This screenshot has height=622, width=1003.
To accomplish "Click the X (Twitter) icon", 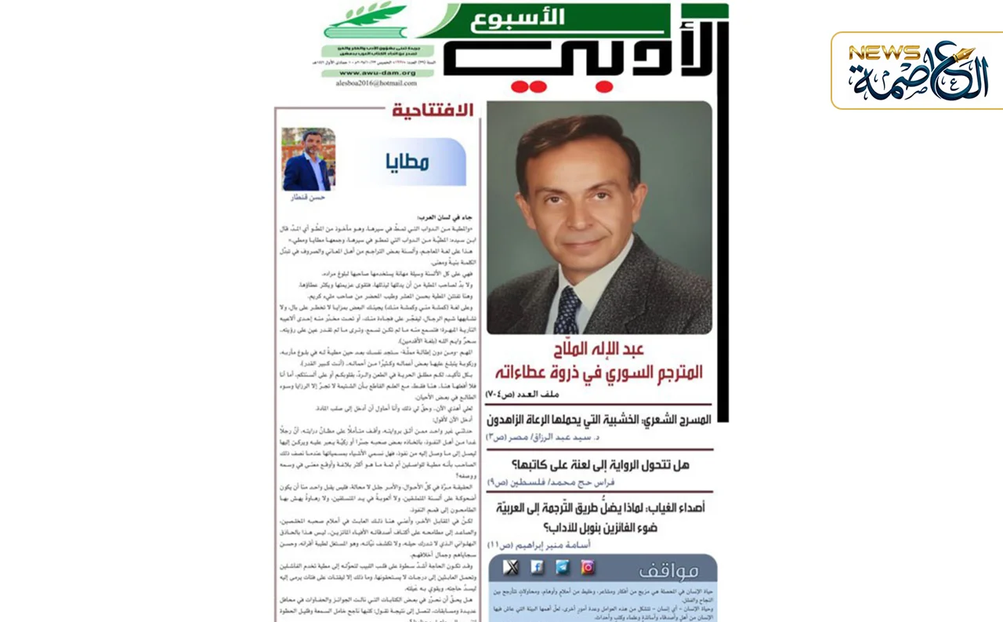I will click(x=511, y=567).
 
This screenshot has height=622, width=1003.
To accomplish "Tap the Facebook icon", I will click(x=537, y=567).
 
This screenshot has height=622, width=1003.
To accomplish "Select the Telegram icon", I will click(x=563, y=567).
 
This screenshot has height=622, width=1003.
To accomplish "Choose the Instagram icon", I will click(x=588, y=567).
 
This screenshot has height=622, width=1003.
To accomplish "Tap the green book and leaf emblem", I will click(x=368, y=21).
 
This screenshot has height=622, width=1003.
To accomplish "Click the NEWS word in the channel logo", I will click(x=883, y=53).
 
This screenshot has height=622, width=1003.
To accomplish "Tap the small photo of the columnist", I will click(x=308, y=159).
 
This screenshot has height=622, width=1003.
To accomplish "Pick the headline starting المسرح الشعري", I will click(x=599, y=420).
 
